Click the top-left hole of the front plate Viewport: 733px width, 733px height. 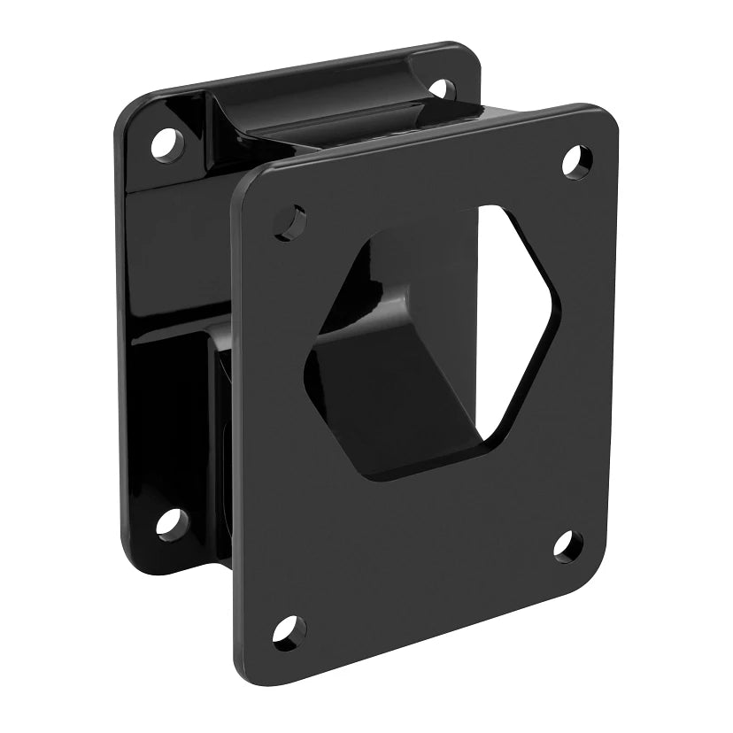[290, 221]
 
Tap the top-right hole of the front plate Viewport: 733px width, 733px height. [577, 160]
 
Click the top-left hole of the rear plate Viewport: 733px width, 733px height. [166, 143]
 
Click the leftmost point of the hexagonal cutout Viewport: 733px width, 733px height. [305, 367]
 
